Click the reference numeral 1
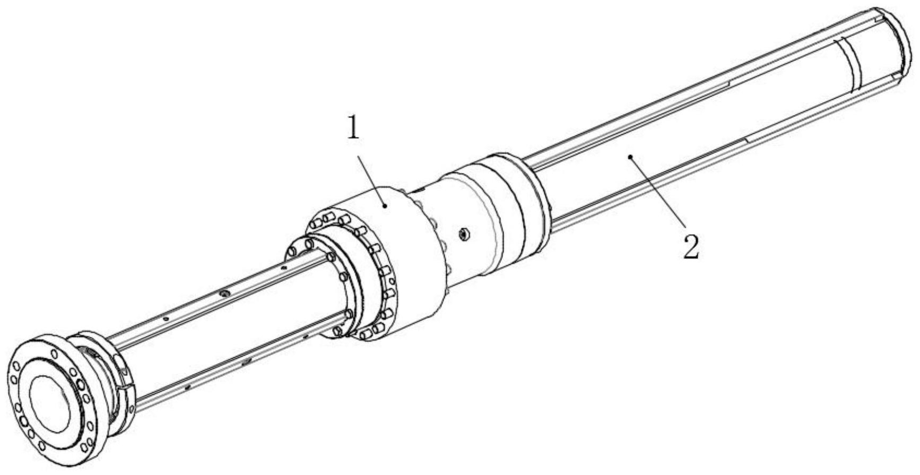353,128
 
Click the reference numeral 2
691,247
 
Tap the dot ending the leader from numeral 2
630,157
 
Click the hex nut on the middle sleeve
464,233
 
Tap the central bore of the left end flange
48,401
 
